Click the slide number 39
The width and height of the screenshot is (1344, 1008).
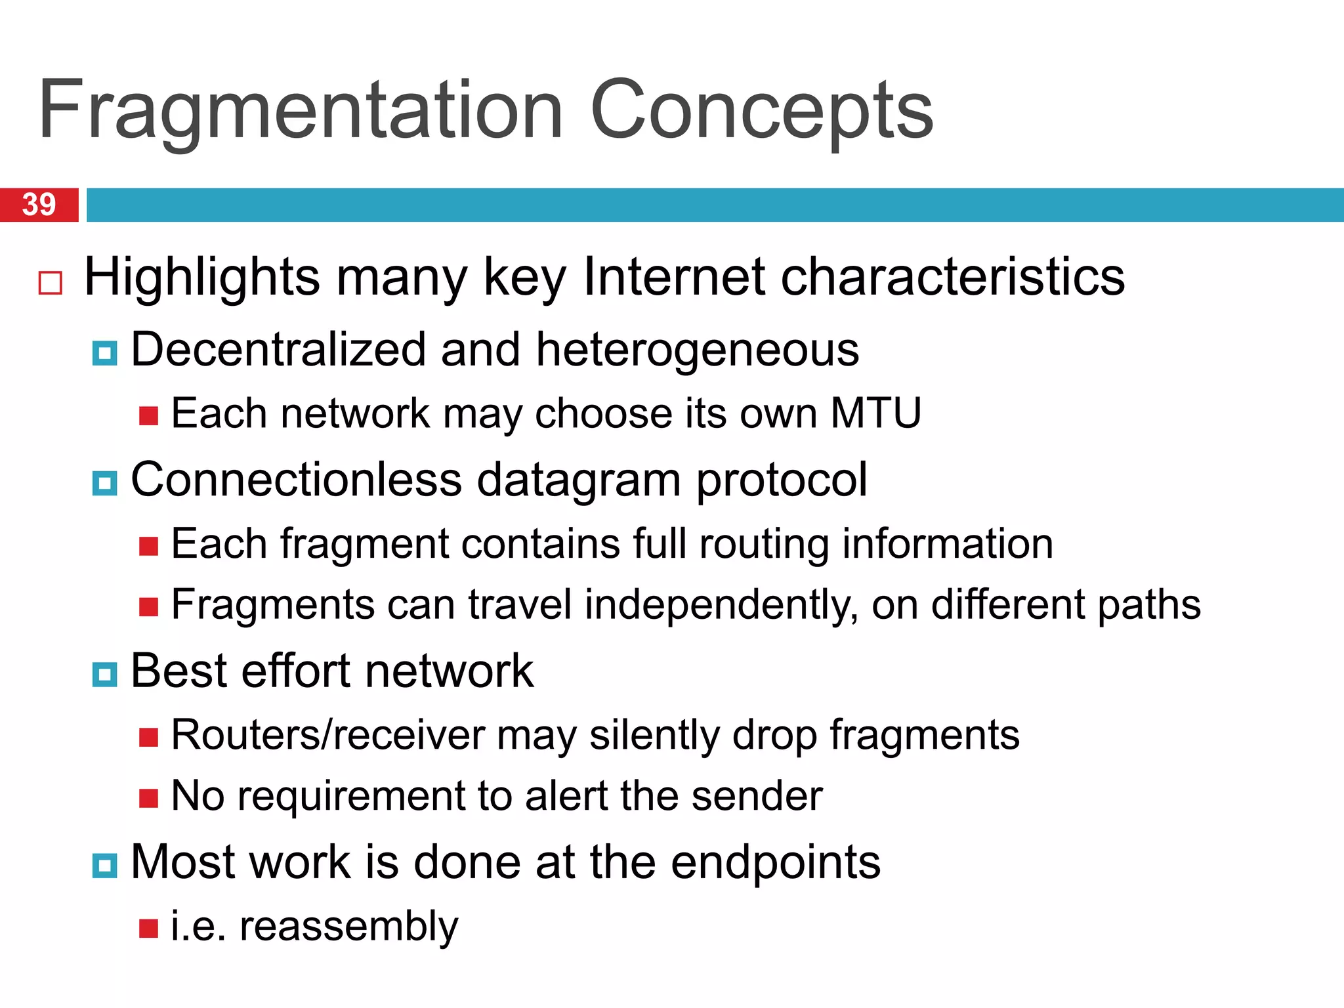(x=39, y=205)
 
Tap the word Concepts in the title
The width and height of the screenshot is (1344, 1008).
(x=761, y=110)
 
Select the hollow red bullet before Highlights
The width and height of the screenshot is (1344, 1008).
(x=51, y=283)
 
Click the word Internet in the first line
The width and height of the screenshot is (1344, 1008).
(x=673, y=277)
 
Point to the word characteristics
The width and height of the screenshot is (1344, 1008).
(x=952, y=277)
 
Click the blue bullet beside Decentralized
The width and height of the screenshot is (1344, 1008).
(x=104, y=353)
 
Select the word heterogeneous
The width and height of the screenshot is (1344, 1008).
(x=697, y=349)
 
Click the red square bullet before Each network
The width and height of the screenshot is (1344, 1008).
(x=149, y=416)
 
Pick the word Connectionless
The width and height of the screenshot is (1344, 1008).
(x=297, y=479)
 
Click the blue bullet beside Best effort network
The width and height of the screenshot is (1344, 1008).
(x=104, y=674)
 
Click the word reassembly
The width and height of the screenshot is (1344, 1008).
(x=348, y=927)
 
